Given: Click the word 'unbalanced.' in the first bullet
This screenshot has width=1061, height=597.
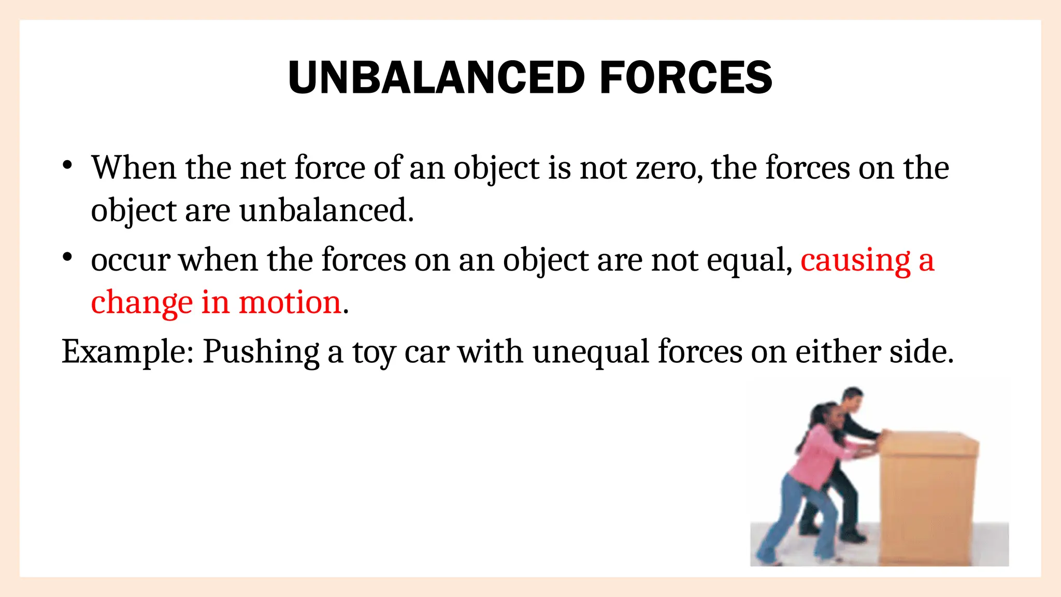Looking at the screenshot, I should click(x=326, y=211).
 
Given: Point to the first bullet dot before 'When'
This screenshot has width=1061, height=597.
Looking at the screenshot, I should click(x=67, y=166).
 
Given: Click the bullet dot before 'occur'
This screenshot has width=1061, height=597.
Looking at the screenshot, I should click(x=67, y=258).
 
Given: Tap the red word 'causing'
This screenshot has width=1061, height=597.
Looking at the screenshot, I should click(x=855, y=260).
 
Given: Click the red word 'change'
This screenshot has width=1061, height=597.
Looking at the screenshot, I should click(x=142, y=303).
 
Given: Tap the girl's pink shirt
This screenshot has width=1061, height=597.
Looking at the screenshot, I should click(x=819, y=456).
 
